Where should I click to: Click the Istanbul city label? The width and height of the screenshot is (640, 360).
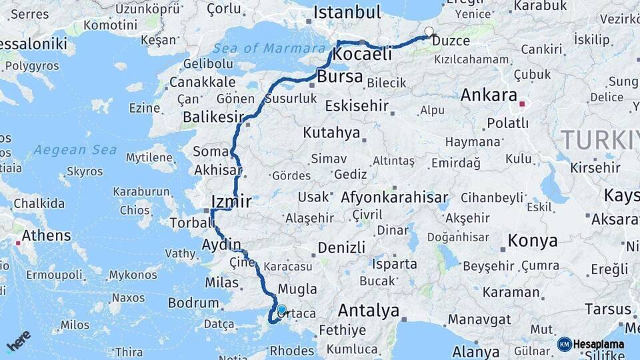[347, 12]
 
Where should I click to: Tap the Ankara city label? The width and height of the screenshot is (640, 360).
[489, 95]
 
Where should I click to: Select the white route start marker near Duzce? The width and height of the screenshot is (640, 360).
[429, 31]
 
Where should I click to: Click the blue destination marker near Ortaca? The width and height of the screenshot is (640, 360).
[281, 310]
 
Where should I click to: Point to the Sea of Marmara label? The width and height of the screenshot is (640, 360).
[269, 48]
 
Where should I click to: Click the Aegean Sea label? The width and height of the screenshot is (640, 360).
[75, 150]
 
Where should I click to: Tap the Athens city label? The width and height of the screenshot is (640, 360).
[46, 235]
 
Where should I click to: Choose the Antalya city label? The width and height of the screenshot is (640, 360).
[368, 311]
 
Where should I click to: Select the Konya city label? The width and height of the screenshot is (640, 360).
[532, 241]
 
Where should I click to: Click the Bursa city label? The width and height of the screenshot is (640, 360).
[340, 77]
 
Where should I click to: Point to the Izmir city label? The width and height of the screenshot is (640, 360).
[231, 201]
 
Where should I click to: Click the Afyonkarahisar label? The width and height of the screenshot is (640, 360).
[393, 198]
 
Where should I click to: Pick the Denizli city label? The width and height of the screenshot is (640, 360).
[341, 248]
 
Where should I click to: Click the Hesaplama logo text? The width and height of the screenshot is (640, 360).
[598, 344]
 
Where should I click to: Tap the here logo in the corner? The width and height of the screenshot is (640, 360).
[18, 341]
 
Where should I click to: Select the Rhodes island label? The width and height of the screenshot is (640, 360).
[291, 351]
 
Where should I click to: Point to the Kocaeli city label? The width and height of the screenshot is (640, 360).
[362, 55]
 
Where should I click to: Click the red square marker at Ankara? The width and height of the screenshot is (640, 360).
[522, 104]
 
